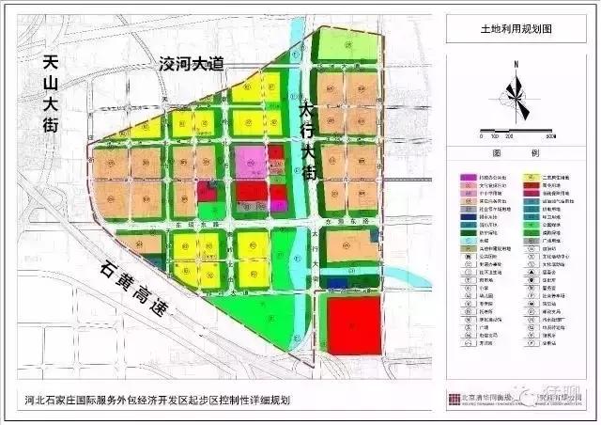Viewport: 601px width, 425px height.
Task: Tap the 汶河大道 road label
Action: click(193, 65)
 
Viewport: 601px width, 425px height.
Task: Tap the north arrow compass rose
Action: click(516, 93)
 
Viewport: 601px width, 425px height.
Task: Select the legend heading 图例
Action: click(515, 152)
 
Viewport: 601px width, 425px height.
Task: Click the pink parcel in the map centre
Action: click(250, 163)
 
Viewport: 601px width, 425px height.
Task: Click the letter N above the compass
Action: click(516, 64)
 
